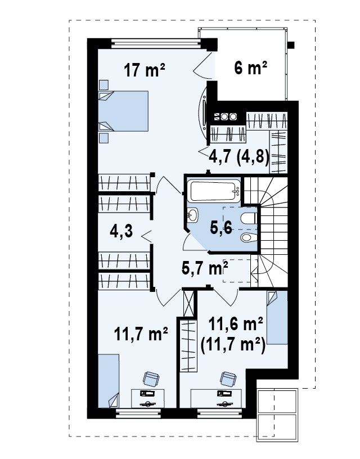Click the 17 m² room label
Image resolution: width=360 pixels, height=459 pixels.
tap(145, 70)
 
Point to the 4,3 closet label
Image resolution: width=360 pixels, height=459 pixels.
tap(121, 231)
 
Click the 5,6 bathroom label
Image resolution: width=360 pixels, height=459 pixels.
tap(221, 227)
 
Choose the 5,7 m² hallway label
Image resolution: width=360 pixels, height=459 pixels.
tap(205, 268)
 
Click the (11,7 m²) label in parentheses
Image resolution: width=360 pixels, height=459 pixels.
tap(233, 345)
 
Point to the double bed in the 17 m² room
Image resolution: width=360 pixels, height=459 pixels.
tap(123, 111)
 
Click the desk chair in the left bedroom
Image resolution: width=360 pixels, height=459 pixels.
tap(151, 379)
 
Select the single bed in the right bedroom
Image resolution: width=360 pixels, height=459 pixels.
tap(277, 317)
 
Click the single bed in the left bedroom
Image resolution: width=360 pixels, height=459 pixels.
tap(109, 381)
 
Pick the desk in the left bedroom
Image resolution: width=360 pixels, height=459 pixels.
tap(147, 398)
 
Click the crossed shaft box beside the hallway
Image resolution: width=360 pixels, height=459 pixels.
tap(188, 303)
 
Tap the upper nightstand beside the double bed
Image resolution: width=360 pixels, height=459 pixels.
tap(103, 84)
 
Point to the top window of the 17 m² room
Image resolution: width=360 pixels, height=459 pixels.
tap(156, 44)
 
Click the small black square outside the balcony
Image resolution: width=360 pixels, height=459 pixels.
tap(291, 45)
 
